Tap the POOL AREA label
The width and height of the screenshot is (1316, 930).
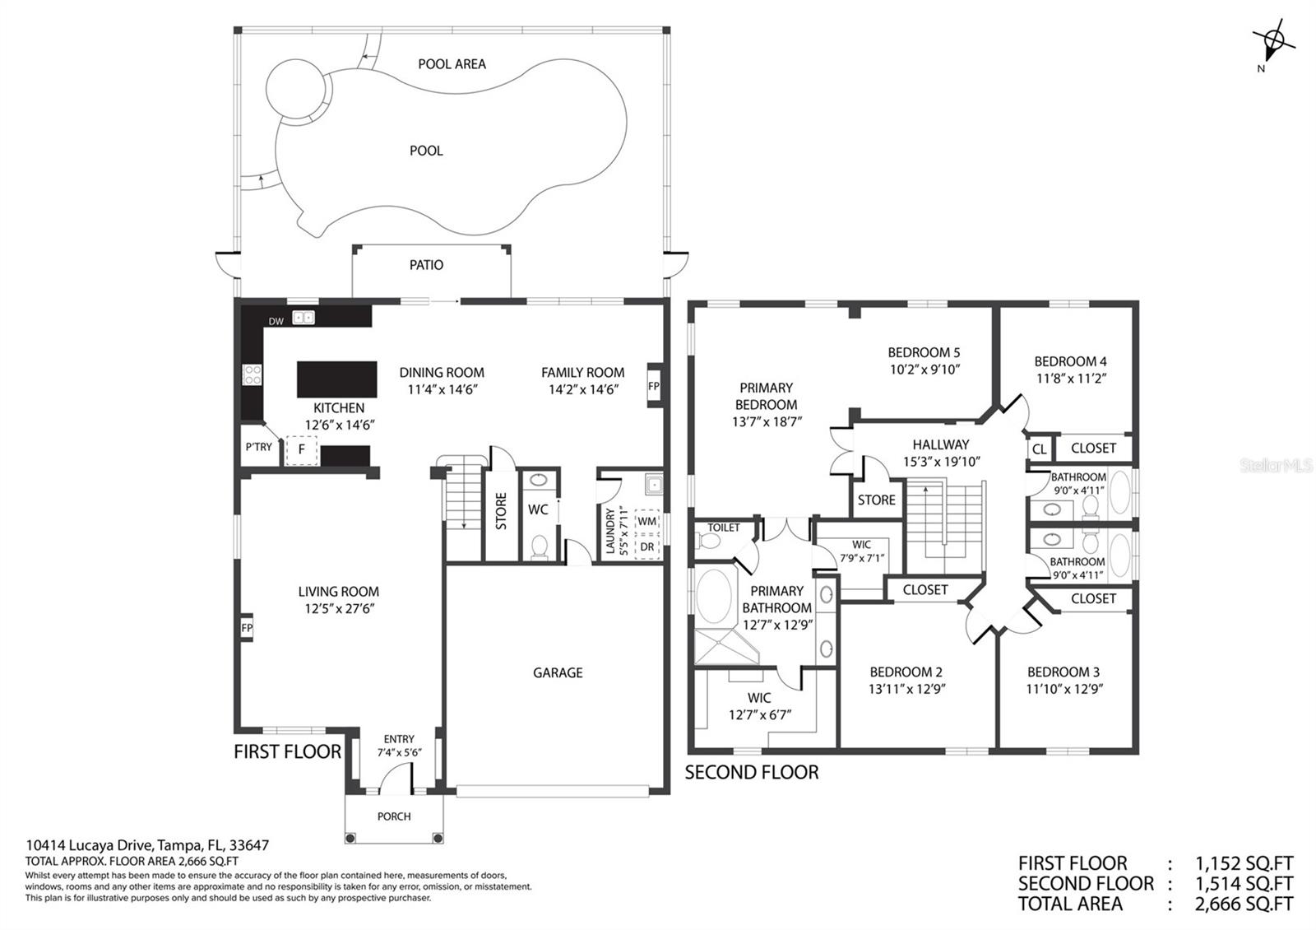(x=452, y=64)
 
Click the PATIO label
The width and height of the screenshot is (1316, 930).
(x=426, y=265)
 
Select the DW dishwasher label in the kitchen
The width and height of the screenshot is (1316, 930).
(x=276, y=321)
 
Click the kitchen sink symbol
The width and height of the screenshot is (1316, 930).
(x=304, y=318)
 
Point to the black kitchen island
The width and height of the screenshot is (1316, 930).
(x=336, y=379)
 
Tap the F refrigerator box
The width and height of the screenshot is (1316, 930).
(x=301, y=450)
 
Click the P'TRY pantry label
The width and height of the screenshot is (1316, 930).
(x=258, y=448)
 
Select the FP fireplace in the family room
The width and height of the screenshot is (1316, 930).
(x=654, y=386)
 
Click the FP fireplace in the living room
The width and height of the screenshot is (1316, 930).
(x=247, y=628)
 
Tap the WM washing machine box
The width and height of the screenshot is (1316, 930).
(x=646, y=522)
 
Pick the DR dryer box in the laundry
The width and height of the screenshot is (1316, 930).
(x=646, y=546)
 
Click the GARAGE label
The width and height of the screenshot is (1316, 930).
(x=558, y=672)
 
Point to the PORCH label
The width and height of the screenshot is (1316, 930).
(x=394, y=816)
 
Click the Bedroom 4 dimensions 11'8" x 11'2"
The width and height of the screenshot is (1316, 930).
(x=1071, y=379)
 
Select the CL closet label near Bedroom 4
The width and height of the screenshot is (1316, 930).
(x=1039, y=449)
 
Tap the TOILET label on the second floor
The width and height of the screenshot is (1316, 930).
(x=723, y=528)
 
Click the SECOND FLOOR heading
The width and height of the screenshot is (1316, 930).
(x=752, y=773)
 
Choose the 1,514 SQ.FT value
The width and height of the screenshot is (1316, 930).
(x=1244, y=884)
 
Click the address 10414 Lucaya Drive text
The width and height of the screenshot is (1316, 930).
(x=90, y=845)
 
